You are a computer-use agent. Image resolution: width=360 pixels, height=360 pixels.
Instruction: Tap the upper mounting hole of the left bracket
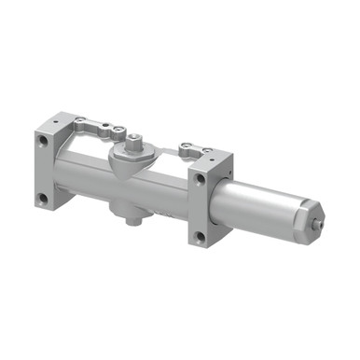click(x=43, y=143)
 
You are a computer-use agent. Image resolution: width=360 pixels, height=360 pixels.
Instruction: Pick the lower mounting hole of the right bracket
click(x=199, y=236)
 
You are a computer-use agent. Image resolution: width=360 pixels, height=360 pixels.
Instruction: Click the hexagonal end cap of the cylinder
click(x=310, y=218)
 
